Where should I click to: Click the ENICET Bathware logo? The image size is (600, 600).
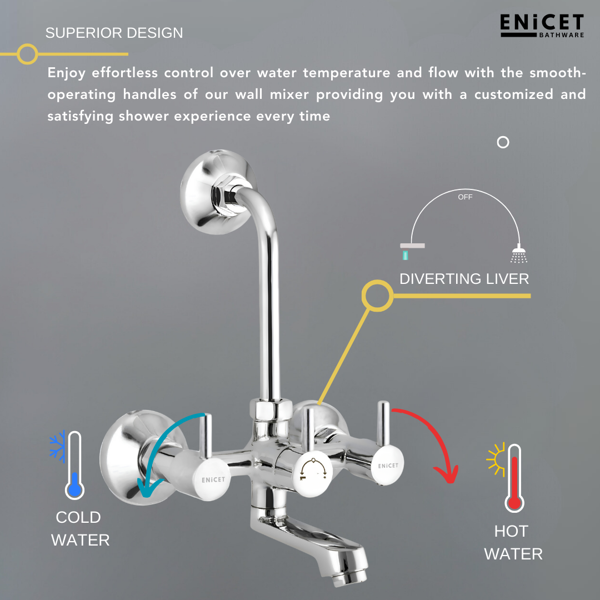point(542,26)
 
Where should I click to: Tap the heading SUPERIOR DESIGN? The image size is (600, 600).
point(114,33)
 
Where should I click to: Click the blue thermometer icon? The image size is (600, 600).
point(74,466)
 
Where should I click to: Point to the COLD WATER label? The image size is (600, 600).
point(80,528)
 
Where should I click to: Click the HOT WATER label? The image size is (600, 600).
point(513,542)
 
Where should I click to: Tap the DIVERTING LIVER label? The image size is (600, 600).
point(464,278)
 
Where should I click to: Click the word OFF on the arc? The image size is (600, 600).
point(465,197)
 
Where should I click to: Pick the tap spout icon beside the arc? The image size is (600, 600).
point(412,249)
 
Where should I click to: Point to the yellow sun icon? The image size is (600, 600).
point(494,459)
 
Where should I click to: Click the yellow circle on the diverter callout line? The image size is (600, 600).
point(377,296)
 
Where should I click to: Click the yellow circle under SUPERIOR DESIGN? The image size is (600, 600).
point(27,54)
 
